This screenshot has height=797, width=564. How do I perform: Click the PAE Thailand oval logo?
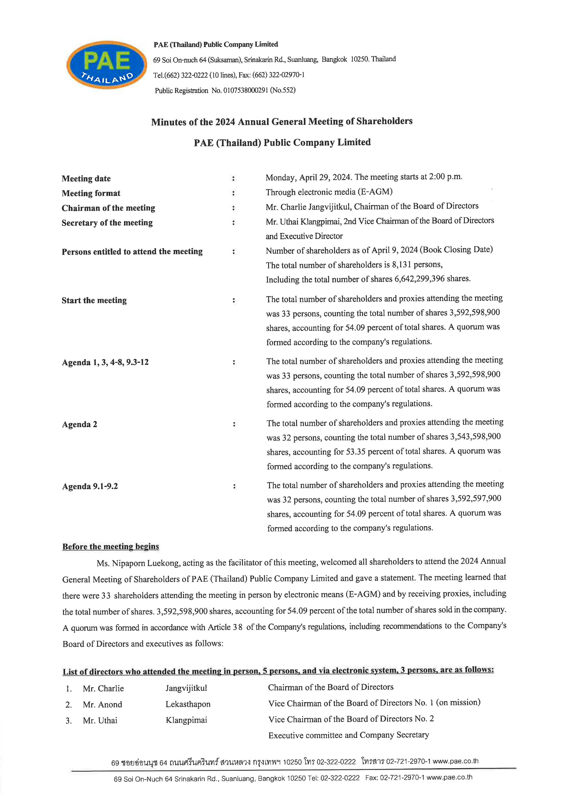107,65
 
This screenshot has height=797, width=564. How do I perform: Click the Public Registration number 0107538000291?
246,90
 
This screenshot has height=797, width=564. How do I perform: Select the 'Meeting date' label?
86,178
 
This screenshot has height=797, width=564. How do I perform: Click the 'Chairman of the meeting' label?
108,208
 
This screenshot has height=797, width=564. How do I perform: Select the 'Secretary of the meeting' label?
107,223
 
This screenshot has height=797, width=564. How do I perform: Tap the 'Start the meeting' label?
94,300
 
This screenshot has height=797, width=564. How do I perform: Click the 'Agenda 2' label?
80,424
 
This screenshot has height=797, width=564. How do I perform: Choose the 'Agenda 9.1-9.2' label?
90,486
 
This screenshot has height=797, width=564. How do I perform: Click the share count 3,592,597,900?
476,499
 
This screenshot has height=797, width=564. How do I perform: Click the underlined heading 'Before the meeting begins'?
111,547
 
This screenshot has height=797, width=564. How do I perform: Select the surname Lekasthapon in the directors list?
188,704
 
